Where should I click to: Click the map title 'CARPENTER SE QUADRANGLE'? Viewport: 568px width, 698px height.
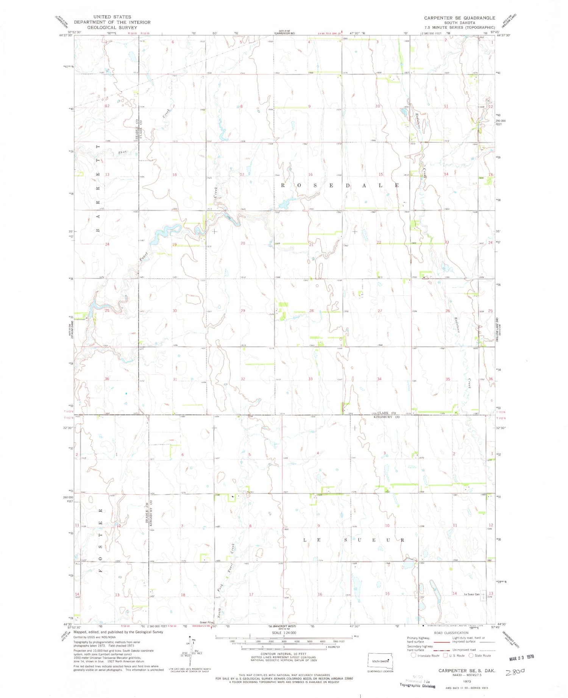tap(459, 18)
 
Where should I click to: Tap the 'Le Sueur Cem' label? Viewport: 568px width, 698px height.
tap(471, 594)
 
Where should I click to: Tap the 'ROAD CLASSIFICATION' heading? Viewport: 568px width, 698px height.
tap(451, 633)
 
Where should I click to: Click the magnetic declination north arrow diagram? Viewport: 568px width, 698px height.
tap(193, 650)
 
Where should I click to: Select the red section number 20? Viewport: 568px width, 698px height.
tap(243, 243)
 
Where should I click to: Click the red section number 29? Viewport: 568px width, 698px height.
tap(243, 311)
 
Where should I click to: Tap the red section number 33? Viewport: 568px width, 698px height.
tap(311, 379)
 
